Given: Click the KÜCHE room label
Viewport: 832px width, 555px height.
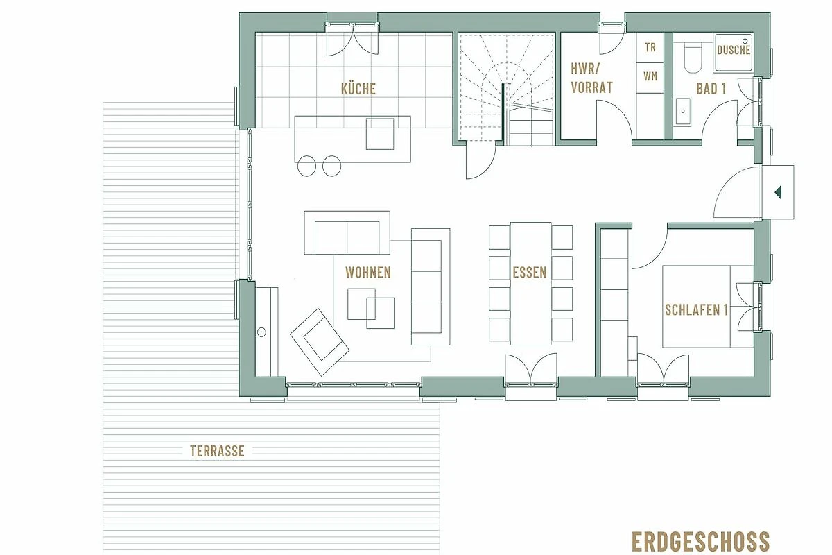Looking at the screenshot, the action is pos(358,89).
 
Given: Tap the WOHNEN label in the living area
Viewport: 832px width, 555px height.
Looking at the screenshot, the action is pos(367,273).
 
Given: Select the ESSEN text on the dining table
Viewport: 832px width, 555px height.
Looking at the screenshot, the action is pos(530,273).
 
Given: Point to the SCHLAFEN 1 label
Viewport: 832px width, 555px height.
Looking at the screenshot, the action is pos(696,310).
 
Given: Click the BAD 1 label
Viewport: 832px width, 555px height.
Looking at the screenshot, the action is pos(711,89).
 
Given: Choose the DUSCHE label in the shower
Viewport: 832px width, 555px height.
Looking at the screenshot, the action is pos(734,50).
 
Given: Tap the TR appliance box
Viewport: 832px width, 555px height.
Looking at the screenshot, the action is pos(650,48).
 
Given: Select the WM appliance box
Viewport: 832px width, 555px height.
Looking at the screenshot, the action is pos(650,77).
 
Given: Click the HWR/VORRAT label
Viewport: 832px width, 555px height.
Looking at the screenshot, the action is pos(591,78).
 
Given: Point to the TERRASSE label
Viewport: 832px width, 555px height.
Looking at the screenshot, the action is pos(217,452).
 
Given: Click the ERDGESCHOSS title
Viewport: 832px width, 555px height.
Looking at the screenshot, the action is pos(700,541).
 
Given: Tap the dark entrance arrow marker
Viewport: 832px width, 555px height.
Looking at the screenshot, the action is pos(778,192).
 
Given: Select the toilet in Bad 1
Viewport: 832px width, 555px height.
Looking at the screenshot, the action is pos(693,58).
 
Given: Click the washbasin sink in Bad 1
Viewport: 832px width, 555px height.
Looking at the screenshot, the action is pos(683,111).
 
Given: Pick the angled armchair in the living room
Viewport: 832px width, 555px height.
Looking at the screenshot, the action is pos(320,342).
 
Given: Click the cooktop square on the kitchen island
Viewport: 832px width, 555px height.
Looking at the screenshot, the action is pos(380,134).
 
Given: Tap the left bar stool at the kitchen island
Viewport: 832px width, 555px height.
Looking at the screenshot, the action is pos(306,166).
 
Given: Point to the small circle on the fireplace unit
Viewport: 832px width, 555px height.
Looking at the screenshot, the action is pos(261,332).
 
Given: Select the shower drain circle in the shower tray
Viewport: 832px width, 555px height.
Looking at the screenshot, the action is pos(745,41).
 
